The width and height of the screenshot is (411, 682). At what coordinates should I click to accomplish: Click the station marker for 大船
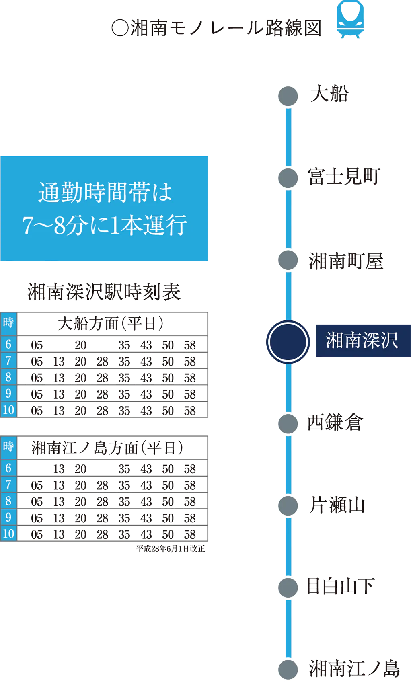point(288,96)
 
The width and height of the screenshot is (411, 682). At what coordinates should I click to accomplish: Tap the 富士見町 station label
point(344,177)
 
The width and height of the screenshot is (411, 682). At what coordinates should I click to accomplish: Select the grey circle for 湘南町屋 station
point(288,260)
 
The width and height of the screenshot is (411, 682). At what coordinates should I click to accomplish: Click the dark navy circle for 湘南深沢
point(288,341)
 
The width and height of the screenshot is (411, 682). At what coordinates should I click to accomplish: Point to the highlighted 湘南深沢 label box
point(362,341)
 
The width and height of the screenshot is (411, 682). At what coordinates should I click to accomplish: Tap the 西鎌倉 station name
point(335,423)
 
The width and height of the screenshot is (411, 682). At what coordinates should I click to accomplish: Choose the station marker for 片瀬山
point(288,505)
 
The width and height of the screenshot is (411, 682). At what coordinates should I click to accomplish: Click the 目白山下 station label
point(340,586)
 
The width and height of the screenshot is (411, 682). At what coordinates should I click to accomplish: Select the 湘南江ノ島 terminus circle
point(288,669)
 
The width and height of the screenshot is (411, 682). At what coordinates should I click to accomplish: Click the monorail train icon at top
point(351,19)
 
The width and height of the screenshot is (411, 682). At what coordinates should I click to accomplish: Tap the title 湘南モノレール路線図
point(216,28)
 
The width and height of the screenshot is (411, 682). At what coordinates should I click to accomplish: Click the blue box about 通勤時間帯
point(105,209)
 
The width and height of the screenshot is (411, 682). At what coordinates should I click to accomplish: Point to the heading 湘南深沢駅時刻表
point(104,292)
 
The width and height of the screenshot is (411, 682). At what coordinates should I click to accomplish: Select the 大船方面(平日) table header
point(112,324)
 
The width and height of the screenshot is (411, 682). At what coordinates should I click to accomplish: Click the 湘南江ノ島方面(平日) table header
point(108,448)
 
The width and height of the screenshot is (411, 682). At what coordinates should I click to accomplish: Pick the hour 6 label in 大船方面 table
point(8,344)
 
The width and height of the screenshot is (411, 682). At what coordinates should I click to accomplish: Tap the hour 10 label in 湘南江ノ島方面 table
point(8,534)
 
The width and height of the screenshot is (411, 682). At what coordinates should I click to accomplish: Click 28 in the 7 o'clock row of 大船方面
point(103,361)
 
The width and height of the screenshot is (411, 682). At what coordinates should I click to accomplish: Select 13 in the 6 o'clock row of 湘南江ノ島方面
point(59,469)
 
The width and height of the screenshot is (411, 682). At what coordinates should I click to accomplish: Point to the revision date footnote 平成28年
point(171,549)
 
